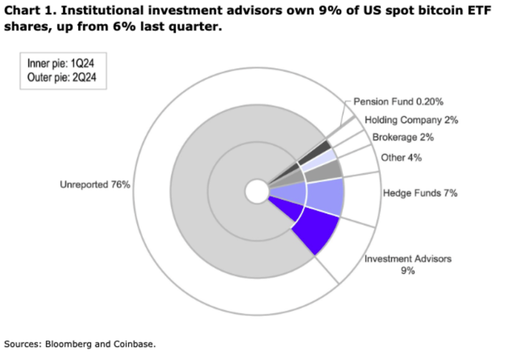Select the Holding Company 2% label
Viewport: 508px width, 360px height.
[411, 120]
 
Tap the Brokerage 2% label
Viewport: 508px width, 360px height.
[403, 137]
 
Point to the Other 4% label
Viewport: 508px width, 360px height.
[401, 158]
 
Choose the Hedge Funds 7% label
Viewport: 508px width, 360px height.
[420, 193]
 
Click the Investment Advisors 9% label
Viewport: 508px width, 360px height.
[408, 264]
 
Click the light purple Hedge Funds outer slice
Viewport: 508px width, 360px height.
[325, 196]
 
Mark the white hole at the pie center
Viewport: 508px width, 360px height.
[256, 191]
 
